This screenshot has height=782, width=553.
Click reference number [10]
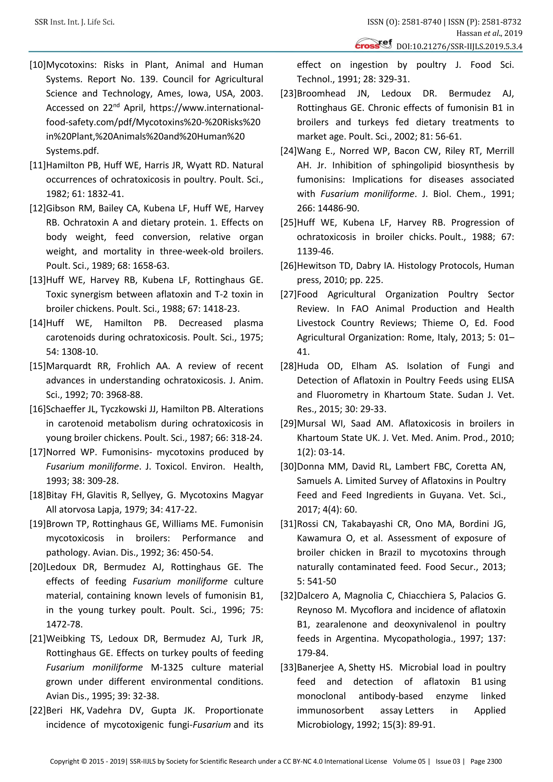click(x=38, y=65)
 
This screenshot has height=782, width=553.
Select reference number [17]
click(x=38, y=452)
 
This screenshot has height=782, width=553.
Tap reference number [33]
click(x=288, y=667)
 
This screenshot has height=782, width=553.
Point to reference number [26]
click(x=288, y=266)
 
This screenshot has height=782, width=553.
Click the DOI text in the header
click(x=459, y=46)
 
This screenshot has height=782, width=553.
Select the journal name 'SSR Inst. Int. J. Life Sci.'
click(x=75, y=22)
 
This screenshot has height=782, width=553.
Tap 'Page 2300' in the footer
click(x=486, y=761)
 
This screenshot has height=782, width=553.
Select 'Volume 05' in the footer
click(x=409, y=761)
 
